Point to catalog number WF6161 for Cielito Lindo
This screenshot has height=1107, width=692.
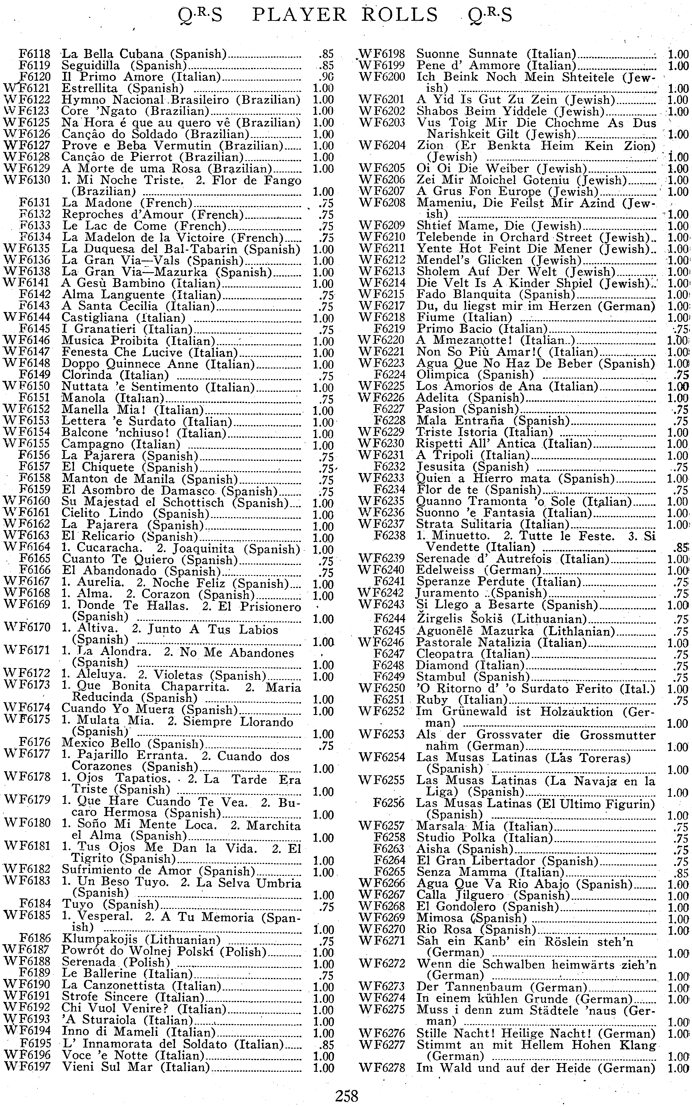pos(27,514)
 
